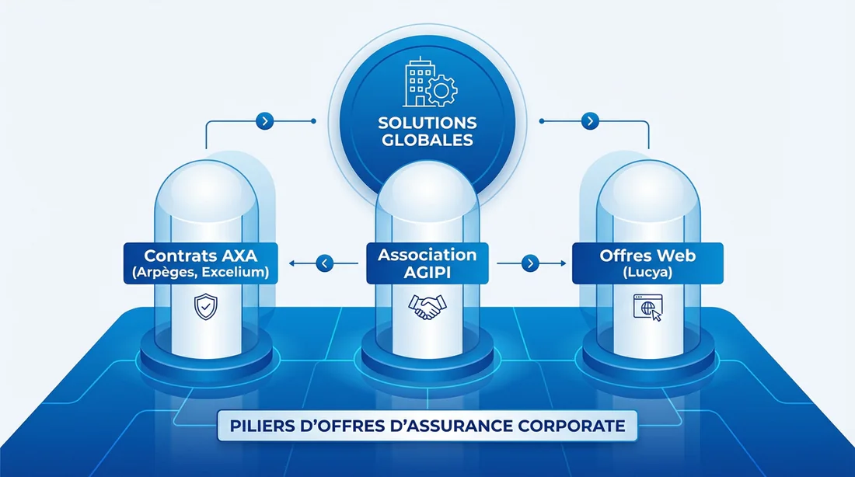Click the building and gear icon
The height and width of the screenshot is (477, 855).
(x=427, y=85)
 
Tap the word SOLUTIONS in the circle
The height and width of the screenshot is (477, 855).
(x=427, y=124)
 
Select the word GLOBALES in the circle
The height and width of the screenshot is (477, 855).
(x=427, y=141)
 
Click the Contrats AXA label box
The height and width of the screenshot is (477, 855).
(x=201, y=263)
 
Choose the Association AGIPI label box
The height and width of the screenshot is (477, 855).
(x=427, y=263)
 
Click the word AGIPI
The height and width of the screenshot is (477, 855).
(x=427, y=273)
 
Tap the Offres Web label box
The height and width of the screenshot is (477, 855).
(x=647, y=263)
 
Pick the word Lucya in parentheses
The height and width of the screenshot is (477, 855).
(x=647, y=273)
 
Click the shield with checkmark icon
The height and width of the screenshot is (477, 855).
(x=203, y=308)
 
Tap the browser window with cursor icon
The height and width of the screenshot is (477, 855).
(x=647, y=308)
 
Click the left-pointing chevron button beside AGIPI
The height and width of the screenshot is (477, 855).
(x=325, y=263)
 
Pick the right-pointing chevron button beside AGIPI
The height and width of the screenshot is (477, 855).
(x=530, y=263)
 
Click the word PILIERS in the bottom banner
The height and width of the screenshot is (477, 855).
(x=261, y=427)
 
